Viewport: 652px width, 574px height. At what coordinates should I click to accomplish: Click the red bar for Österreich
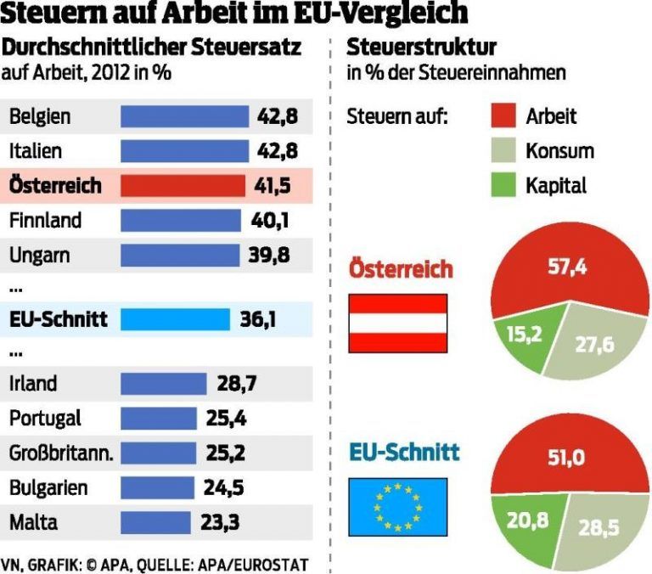181,185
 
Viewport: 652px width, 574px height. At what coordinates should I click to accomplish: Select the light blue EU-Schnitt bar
175,319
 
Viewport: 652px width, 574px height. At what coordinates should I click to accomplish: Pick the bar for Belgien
184,116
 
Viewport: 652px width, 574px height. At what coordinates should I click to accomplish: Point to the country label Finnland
45,221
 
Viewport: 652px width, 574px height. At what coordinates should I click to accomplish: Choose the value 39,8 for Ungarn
274,256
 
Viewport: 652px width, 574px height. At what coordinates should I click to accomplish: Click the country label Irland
33,383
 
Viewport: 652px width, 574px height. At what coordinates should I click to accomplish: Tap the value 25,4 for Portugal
226,418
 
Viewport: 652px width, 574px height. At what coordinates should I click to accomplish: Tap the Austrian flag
398,323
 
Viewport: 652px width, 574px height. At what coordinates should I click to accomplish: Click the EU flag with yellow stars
398,506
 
